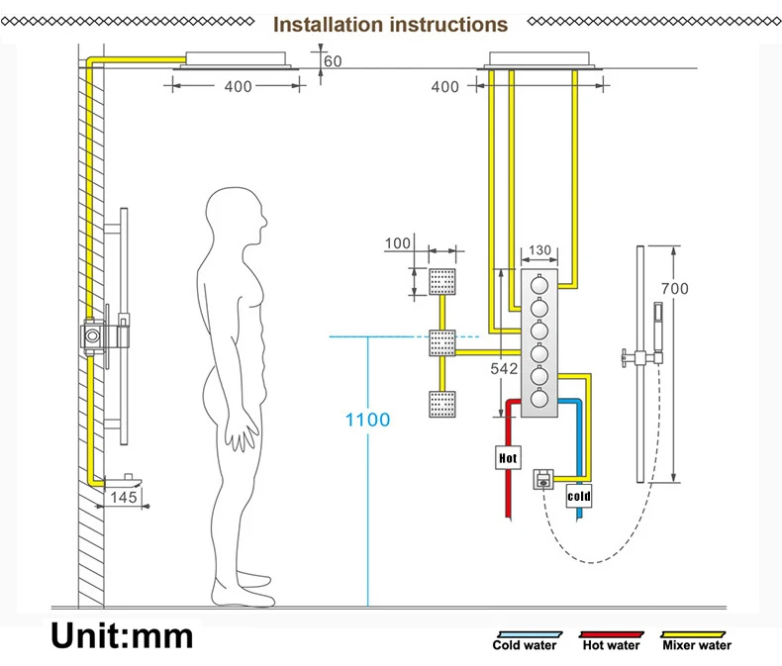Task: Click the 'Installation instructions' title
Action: [390, 24]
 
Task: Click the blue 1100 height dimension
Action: [367, 420]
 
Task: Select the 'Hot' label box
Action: [507, 458]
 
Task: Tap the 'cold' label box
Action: [578, 496]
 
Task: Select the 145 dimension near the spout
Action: [124, 497]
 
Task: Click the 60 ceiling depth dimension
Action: [333, 61]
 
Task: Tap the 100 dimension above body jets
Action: [397, 243]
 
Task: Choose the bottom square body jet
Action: [440, 406]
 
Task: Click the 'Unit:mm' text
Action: [123, 633]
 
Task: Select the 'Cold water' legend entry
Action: [525, 645]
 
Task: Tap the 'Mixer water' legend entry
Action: [697, 645]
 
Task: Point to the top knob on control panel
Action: [538, 284]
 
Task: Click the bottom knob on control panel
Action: [538, 399]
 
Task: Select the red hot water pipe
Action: [506, 495]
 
